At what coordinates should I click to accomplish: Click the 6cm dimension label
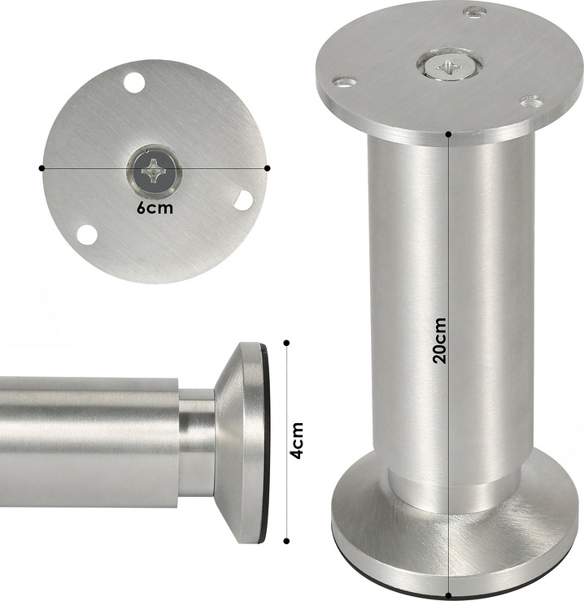click(x=154, y=208)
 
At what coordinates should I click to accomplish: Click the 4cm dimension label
click(x=298, y=440)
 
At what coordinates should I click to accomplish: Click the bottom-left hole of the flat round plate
click(x=86, y=235)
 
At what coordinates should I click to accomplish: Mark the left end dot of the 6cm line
click(x=41, y=168)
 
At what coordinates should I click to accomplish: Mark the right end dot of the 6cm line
click(x=268, y=168)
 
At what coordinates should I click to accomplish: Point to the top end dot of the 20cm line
click(x=448, y=133)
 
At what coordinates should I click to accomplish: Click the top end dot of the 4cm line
click(x=285, y=342)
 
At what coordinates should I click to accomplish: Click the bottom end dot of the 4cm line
click(x=285, y=542)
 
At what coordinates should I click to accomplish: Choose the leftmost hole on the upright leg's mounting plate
click(x=345, y=81)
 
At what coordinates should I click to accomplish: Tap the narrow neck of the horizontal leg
click(x=196, y=443)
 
